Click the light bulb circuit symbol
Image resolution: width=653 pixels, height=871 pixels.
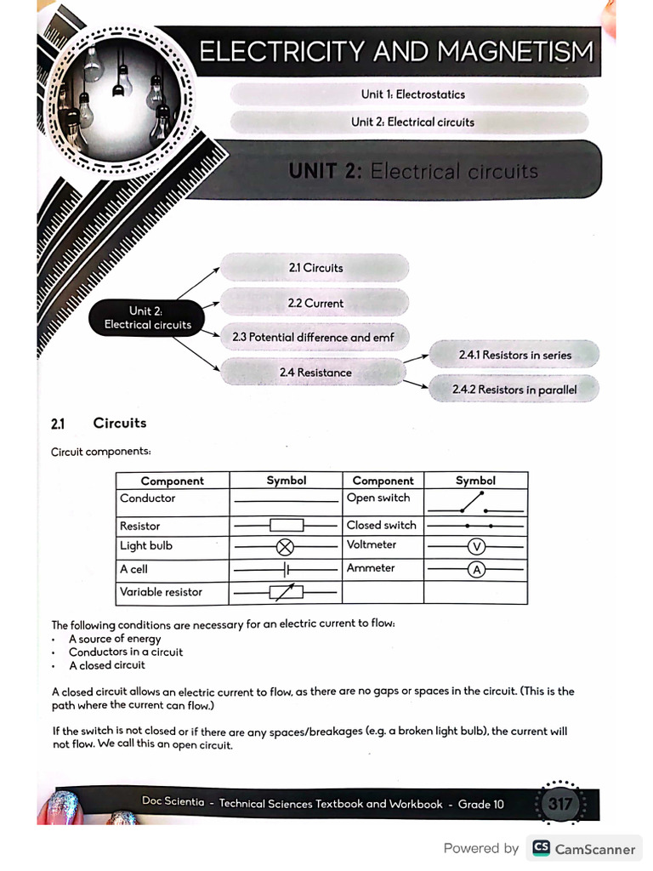click(x=287, y=546)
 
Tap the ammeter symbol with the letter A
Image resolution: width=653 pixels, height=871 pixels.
click(x=476, y=570)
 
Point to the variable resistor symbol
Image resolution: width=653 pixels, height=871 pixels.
click(x=287, y=593)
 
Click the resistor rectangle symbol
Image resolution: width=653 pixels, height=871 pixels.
click(x=287, y=527)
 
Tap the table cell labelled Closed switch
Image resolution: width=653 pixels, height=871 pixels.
click(x=382, y=526)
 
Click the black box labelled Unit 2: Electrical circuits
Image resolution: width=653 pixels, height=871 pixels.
click(x=147, y=318)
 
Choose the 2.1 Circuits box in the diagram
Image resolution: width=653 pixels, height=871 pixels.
click(x=315, y=268)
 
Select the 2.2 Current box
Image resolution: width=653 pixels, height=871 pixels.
click(x=315, y=303)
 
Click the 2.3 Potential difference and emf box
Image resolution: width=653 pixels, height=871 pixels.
click(x=314, y=338)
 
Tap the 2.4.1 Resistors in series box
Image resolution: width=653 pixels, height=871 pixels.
click(x=514, y=355)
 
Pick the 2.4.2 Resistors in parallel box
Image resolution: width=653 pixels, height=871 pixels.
click(x=514, y=390)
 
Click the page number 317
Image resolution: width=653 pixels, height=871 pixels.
click(x=559, y=804)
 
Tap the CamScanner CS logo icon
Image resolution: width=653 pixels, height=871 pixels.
click(x=540, y=848)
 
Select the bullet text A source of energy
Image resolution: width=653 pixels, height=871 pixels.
click(x=115, y=639)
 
